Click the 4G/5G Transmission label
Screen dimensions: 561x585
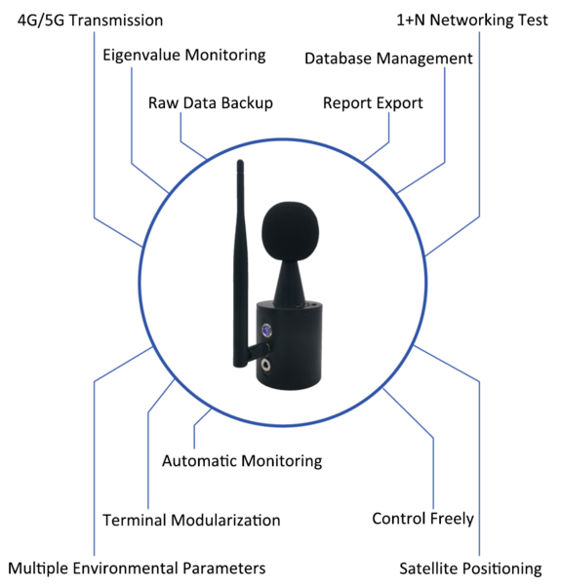click(90, 20)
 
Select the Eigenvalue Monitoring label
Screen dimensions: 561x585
click(184, 56)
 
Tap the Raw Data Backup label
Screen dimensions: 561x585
click(211, 103)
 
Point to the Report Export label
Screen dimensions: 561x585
click(373, 103)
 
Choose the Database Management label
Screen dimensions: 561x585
click(388, 58)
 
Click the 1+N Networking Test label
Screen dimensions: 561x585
click(472, 20)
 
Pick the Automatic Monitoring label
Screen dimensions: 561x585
click(242, 461)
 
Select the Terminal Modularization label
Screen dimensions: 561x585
click(191, 520)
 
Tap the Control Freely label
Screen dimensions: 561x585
click(422, 519)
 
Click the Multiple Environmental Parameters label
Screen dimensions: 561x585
click(137, 568)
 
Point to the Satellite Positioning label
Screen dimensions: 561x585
click(470, 568)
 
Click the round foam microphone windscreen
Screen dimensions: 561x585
click(291, 231)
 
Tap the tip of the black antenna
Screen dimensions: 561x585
click(240, 162)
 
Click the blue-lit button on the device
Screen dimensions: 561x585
click(266, 331)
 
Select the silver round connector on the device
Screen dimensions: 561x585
click(266, 364)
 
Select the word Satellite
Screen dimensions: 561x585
click(427, 568)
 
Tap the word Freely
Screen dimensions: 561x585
click(452, 519)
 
